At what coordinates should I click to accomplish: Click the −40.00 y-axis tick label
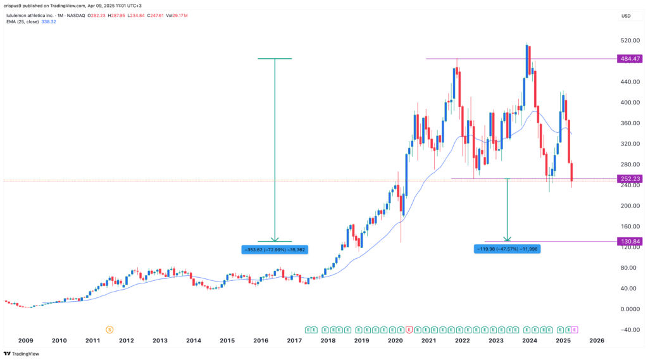coord(628,330)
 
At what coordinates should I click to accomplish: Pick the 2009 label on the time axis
coord(26,340)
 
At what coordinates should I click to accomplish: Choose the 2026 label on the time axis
coord(597,340)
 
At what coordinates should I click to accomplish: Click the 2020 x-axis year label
coord(395,340)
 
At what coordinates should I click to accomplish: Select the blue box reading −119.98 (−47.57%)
coord(508,249)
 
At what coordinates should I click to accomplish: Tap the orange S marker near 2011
coord(109,330)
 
